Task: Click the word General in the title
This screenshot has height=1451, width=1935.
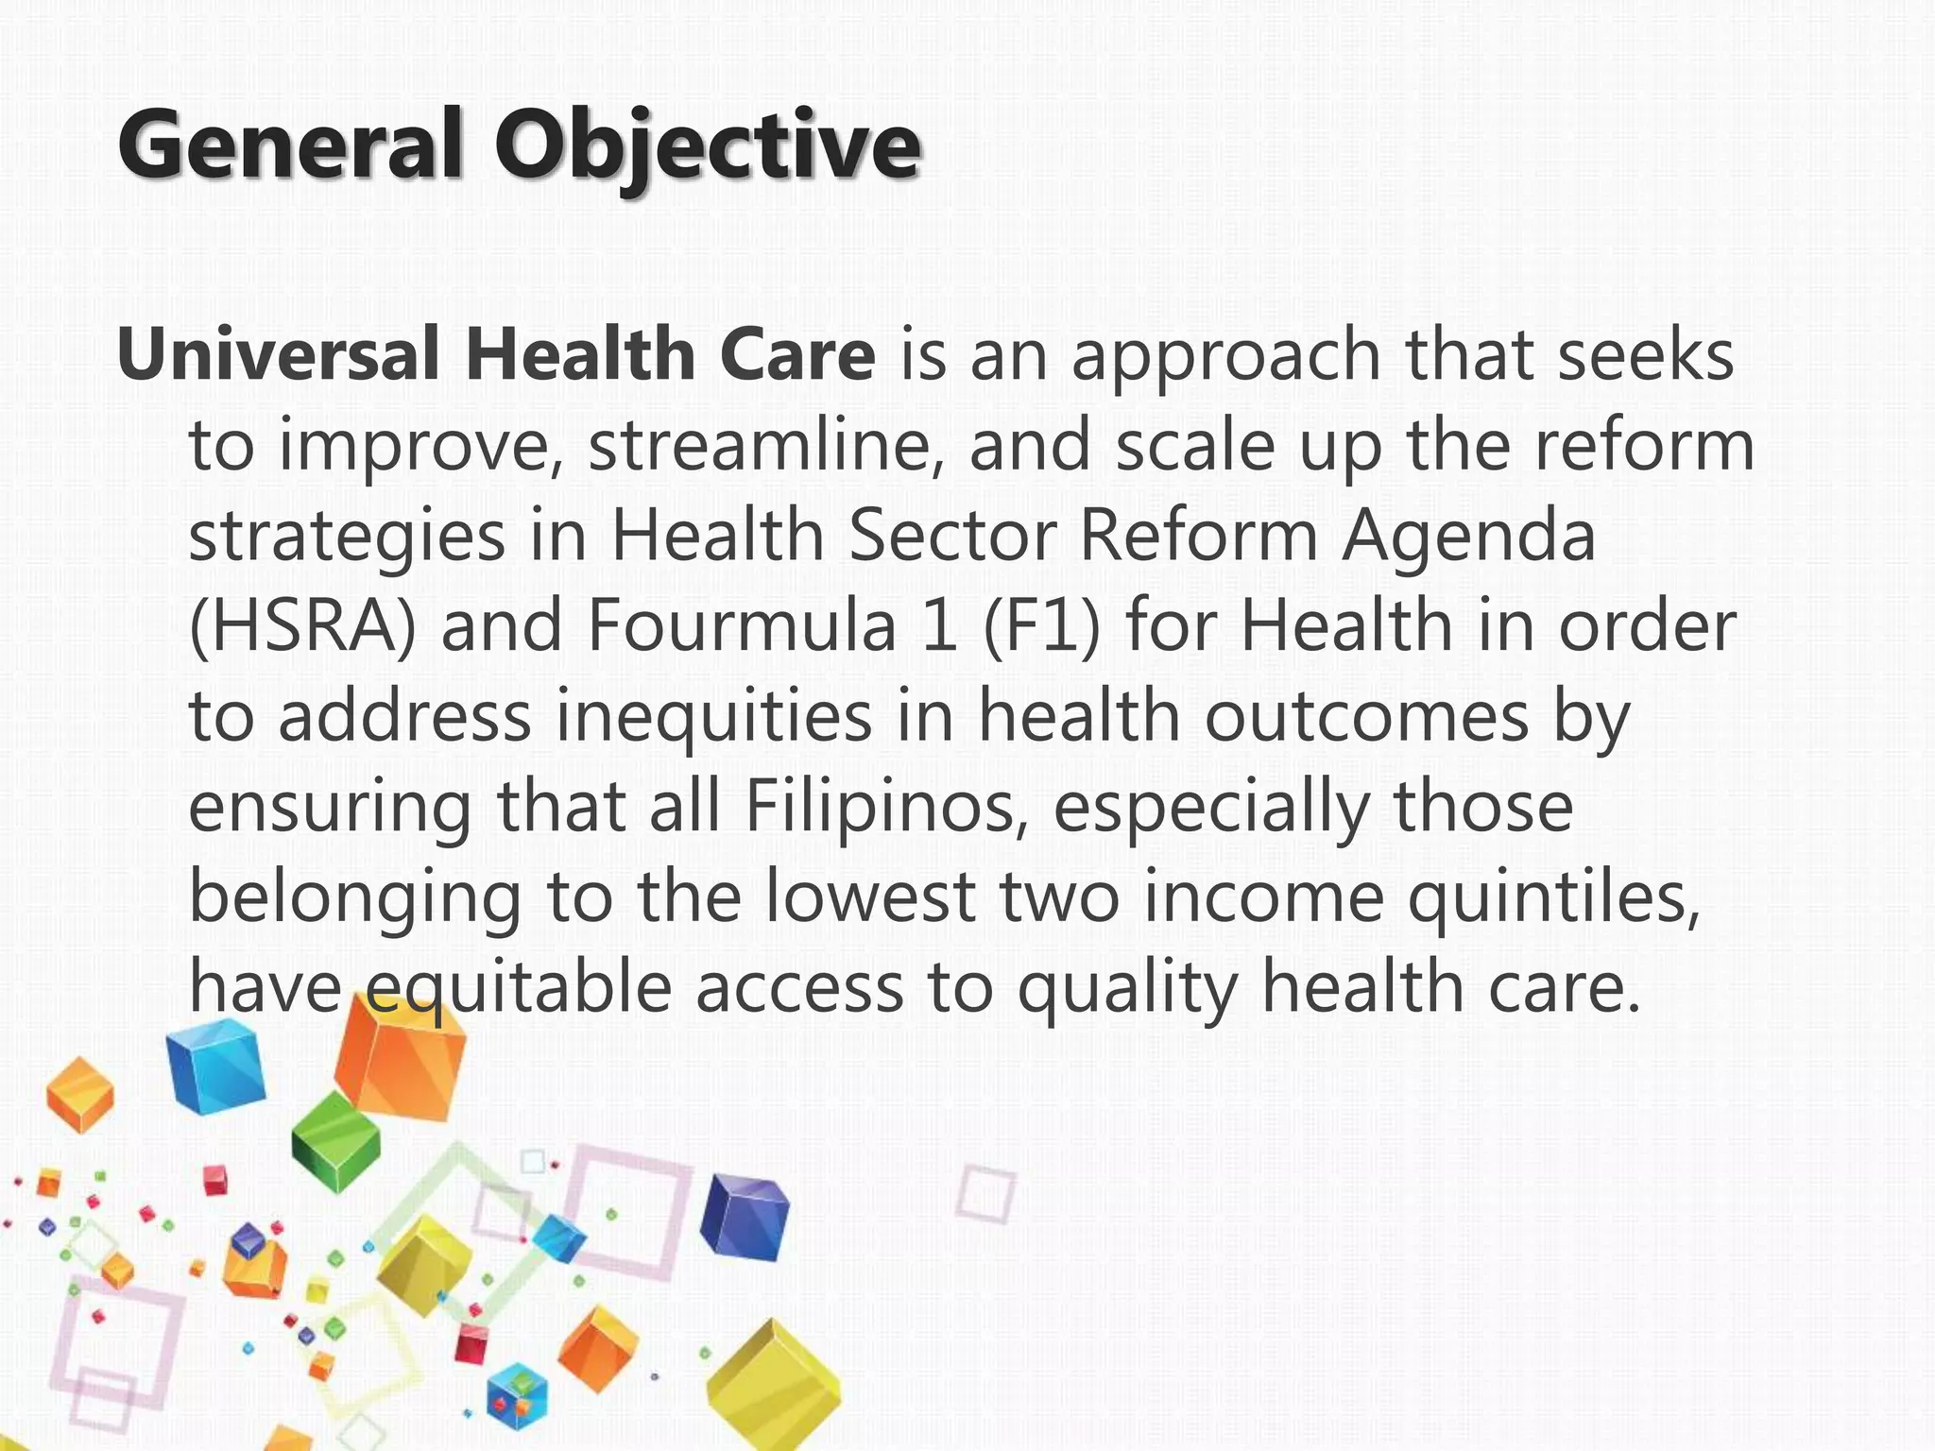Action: [x=290, y=145]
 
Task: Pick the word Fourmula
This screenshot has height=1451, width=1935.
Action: [x=740, y=626]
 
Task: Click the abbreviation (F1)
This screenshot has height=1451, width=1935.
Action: [x=1041, y=626]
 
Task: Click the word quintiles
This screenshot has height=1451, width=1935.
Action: [x=1554, y=897]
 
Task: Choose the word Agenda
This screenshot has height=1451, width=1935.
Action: [x=1469, y=536]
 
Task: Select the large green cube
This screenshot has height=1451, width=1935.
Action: [x=334, y=1143]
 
